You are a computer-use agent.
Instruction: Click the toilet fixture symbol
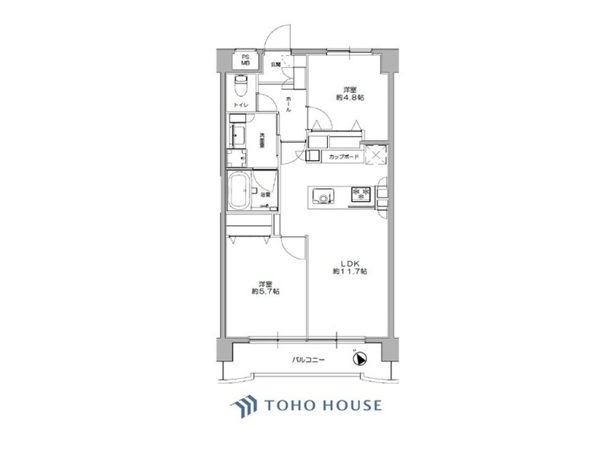pyautogui.click(x=240, y=85)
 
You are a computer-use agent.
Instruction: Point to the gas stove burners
pyautogui.click(x=361, y=195)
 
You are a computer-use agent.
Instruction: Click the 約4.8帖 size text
pyautogui.click(x=350, y=98)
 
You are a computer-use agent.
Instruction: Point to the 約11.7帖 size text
pyautogui.click(x=350, y=272)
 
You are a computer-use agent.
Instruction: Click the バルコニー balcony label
pyautogui.click(x=308, y=361)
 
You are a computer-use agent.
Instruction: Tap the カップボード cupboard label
pyautogui.click(x=342, y=156)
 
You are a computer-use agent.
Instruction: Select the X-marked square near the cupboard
pyautogui.click(x=374, y=155)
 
